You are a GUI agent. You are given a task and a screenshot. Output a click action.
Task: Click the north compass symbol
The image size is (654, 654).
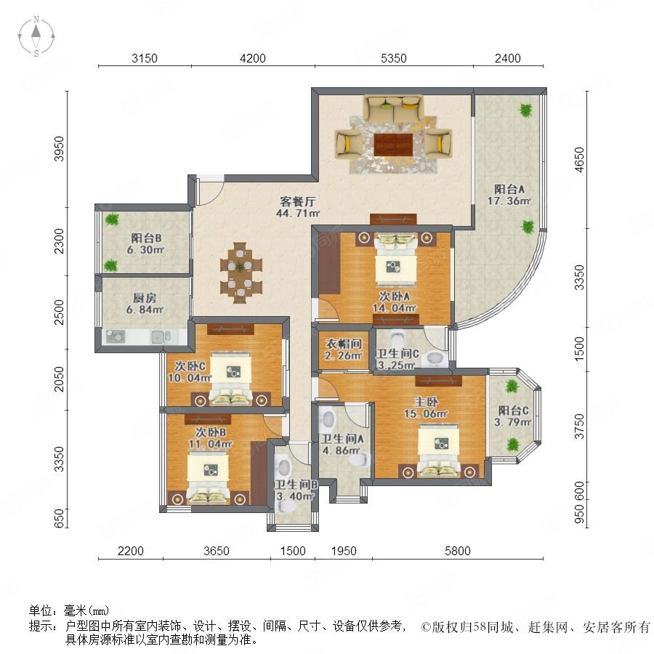36,36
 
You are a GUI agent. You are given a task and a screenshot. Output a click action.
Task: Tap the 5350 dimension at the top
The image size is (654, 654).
393,58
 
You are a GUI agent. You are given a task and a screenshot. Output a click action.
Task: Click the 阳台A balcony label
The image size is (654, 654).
509,189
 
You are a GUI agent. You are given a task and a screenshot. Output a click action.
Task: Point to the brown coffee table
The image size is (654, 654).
393,145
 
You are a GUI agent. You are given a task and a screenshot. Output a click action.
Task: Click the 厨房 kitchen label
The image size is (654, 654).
145,298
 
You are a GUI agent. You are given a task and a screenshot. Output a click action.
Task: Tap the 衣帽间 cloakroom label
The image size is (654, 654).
343,344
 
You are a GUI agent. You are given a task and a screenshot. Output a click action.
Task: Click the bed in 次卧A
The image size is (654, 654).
395,259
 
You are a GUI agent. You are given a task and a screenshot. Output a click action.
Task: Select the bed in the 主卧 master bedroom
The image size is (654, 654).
439,451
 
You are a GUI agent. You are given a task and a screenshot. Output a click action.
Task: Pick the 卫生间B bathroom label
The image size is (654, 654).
296,485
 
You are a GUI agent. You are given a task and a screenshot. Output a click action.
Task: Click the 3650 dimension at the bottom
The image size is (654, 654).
216,551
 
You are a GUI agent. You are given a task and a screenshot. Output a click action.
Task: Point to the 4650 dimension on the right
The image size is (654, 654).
579,159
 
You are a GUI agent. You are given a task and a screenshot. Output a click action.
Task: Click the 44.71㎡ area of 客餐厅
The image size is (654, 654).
298,213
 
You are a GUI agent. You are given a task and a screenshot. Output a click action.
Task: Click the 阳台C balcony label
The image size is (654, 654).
514,411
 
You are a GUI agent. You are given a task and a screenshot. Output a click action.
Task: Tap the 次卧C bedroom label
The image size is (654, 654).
190,366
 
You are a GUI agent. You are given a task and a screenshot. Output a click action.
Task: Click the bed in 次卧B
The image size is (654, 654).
208,478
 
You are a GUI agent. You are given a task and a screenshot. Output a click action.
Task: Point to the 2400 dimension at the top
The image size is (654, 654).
508,58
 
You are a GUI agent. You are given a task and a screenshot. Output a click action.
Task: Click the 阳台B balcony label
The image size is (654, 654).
146,238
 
